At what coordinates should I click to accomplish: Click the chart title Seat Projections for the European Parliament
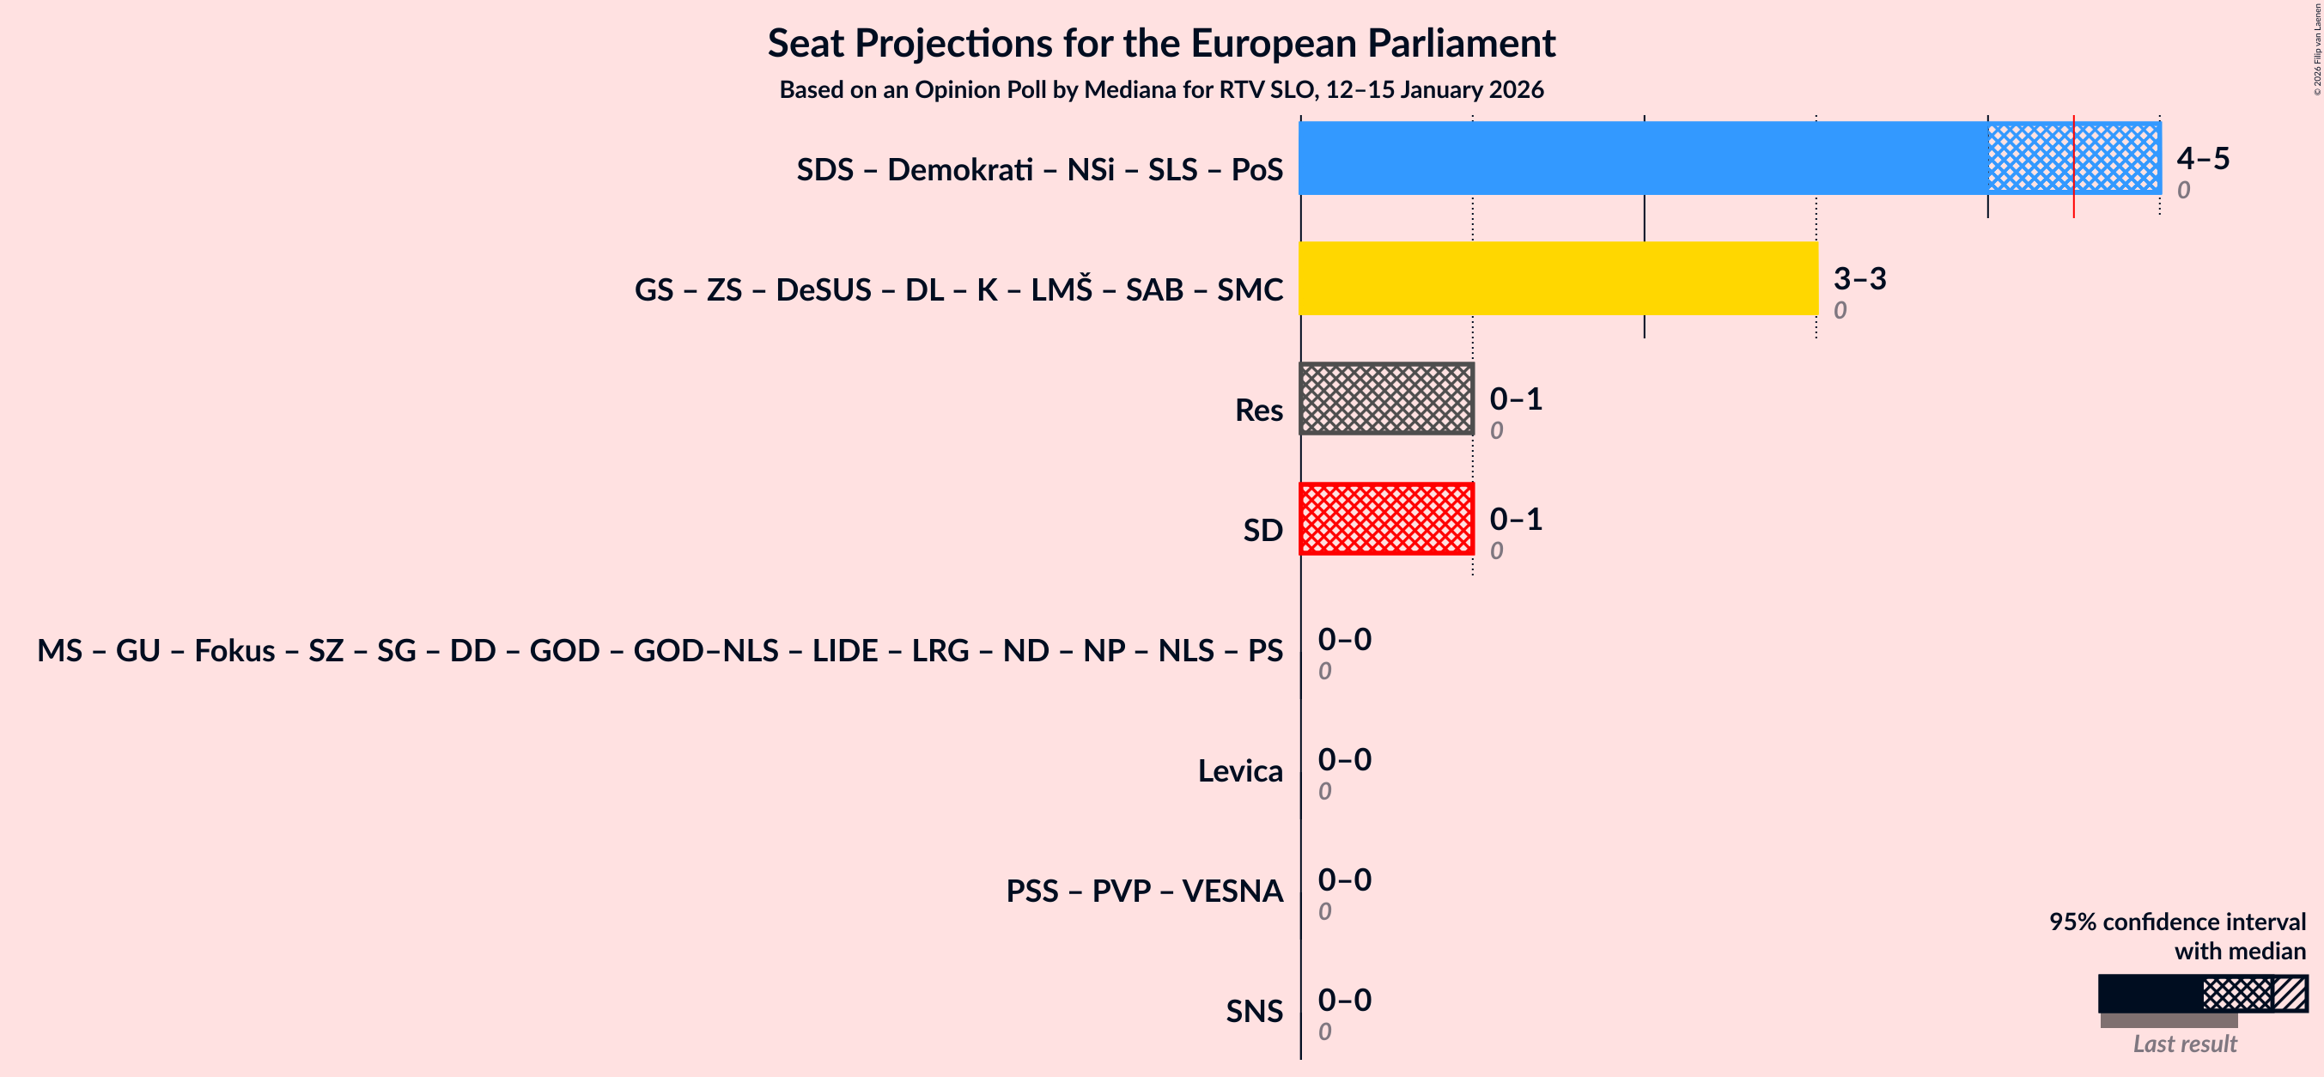pyautogui.click(x=1161, y=43)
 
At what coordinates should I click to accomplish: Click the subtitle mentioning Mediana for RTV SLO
pyautogui.click(x=1161, y=90)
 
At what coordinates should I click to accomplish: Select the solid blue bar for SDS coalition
pyautogui.click(x=1642, y=158)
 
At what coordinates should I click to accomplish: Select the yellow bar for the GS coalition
pyautogui.click(x=1558, y=277)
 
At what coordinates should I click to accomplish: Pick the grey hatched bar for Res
pyautogui.click(x=1386, y=399)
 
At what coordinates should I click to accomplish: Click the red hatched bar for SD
pyautogui.click(x=1386, y=519)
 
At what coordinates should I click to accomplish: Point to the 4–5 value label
pyautogui.click(x=2202, y=158)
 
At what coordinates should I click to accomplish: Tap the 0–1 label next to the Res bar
pyautogui.click(x=1516, y=399)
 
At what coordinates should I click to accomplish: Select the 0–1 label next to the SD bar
pyautogui.click(x=1516, y=519)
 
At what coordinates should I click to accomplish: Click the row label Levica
pyautogui.click(x=1239, y=771)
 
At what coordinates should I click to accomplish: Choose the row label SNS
pyautogui.click(x=1253, y=1011)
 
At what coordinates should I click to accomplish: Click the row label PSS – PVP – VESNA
pyautogui.click(x=1144, y=891)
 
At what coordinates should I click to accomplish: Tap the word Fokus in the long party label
pyautogui.click(x=234, y=650)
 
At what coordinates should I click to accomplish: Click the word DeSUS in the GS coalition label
pyautogui.click(x=823, y=289)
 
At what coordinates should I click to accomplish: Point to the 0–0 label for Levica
pyautogui.click(x=1344, y=759)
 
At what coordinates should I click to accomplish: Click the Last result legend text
pyautogui.click(x=2184, y=1044)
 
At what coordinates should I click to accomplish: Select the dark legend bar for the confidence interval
pyautogui.click(x=2149, y=993)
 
